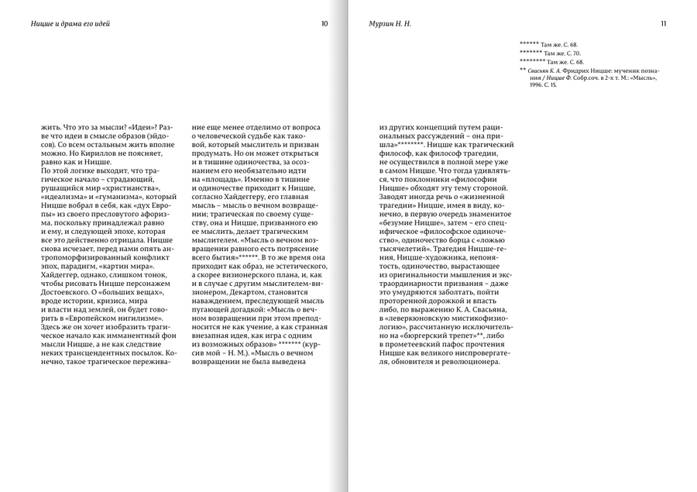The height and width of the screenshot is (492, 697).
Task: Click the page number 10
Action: (324, 24)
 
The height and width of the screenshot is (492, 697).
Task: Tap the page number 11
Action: (664, 24)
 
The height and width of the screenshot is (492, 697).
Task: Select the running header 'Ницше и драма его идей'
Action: (65, 24)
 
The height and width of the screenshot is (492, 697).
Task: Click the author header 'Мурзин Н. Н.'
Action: (390, 24)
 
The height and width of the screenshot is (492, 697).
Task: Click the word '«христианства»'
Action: (134, 188)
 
